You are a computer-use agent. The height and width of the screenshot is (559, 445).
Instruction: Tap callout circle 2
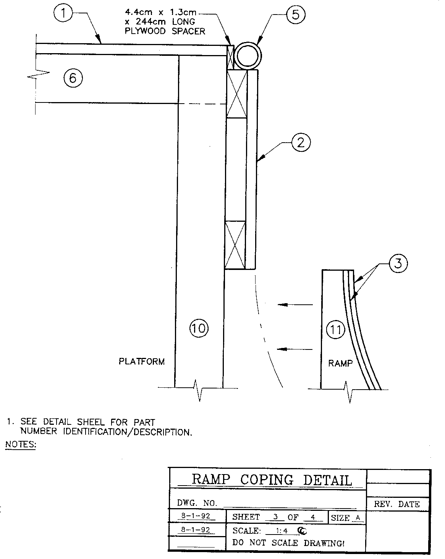pyautogui.click(x=301, y=143)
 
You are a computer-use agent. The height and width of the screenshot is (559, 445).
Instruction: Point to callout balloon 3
pyautogui.click(x=398, y=264)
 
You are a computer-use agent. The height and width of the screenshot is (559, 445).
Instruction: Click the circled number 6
pyautogui.click(x=73, y=78)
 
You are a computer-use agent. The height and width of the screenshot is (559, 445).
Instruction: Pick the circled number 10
pyautogui.click(x=199, y=328)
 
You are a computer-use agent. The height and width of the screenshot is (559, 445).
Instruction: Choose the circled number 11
pyautogui.click(x=336, y=329)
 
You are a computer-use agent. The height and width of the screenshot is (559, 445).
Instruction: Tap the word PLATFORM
pyautogui.click(x=142, y=361)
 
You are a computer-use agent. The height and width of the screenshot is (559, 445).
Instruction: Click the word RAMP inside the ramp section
pyautogui.click(x=340, y=363)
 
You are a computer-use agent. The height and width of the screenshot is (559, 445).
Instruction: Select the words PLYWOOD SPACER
pyautogui.click(x=165, y=31)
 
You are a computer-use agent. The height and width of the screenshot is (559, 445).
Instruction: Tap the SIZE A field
pyautogui.click(x=346, y=518)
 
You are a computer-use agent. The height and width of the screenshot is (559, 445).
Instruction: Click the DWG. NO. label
pyautogui.click(x=197, y=502)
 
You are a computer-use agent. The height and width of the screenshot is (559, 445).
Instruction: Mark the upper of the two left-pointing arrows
pyautogui.click(x=295, y=305)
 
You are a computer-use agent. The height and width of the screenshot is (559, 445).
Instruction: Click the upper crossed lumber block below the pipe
pyautogui.click(x=236, y=94)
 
